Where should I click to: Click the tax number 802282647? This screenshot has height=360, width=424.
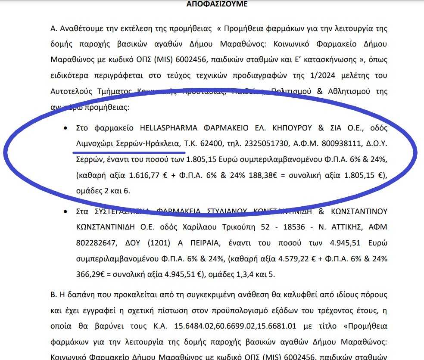pos(96,242)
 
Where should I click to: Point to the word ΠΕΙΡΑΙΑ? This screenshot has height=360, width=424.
pos(202,242)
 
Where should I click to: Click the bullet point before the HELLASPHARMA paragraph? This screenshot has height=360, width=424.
pos(65,128)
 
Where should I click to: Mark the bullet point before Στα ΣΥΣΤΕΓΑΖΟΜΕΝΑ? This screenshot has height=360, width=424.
pos(65,211)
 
